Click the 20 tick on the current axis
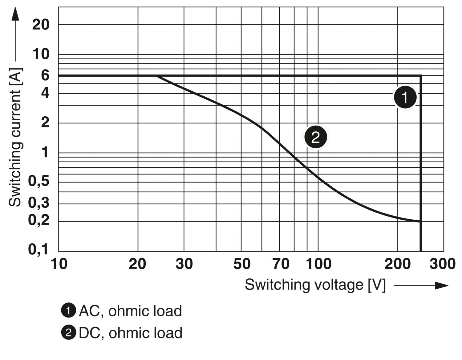pos(41,24)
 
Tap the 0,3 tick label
pos(38,202)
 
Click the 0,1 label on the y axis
pos(38,249)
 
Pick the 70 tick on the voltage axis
pos(281,264)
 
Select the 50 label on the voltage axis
pos(242,264)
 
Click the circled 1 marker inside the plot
pos(405,97)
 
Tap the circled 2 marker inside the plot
pos(316,137)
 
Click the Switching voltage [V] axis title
pos(315,285)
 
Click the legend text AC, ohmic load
pos(130,311)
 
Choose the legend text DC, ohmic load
pos(130,333)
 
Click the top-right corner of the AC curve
pos(421,75)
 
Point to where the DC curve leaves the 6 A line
pos(156,76)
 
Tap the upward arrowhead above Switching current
pos(15,14)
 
